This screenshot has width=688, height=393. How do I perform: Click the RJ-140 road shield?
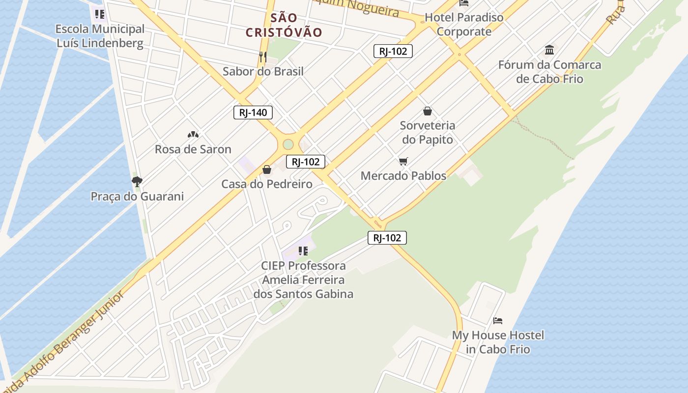pos(253,112)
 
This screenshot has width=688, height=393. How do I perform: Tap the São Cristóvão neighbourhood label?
pos(284,26)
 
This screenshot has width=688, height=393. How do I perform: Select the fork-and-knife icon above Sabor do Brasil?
pos(263,57)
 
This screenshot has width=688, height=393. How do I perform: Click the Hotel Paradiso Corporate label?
pos(464,25)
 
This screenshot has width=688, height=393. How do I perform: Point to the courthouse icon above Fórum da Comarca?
pos(549,50)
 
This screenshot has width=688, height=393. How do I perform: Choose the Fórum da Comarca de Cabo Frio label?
pos(549,72)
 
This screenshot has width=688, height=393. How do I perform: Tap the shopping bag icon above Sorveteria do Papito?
pos(428,111)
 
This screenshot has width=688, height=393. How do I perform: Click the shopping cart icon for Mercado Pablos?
pos(403,161)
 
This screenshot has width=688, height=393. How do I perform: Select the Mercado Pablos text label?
pos(403,176)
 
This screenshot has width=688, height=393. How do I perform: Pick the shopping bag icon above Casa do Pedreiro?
pos(267,169)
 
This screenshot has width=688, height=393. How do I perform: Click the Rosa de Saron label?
pos(193,149)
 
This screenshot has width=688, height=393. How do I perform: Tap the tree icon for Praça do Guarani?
pos(137,182)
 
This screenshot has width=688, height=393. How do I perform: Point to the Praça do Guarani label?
pos(137,196)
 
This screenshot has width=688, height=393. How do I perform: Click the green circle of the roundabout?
pos(288,144)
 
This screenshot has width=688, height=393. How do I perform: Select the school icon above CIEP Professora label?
pos(303,251)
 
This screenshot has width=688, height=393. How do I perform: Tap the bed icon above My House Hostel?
pos(498,321)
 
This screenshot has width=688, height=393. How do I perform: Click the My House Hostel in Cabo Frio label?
pos(498,342)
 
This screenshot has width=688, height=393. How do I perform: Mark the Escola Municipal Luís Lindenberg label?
pos(100,36)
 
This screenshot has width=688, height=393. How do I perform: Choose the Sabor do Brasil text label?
pos(263,72)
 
